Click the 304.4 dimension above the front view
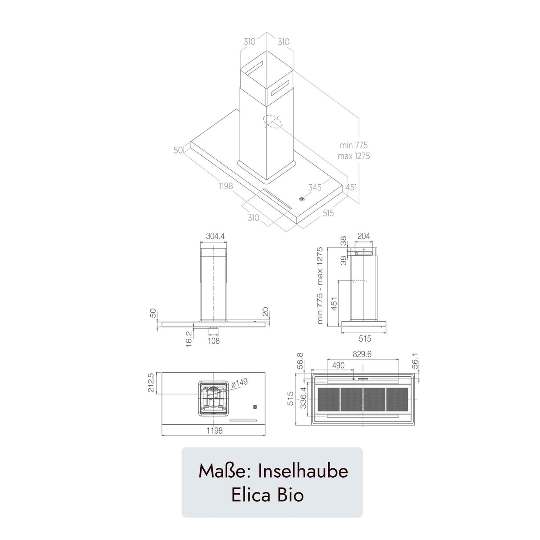215,237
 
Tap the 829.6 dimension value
362,354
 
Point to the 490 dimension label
338,365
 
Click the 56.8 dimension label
300,361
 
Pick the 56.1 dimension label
415,361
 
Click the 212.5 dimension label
151,383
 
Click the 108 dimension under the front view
214,341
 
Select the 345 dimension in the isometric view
314,187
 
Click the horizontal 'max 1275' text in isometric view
354,156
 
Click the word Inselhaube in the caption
303,471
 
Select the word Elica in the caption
250,495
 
